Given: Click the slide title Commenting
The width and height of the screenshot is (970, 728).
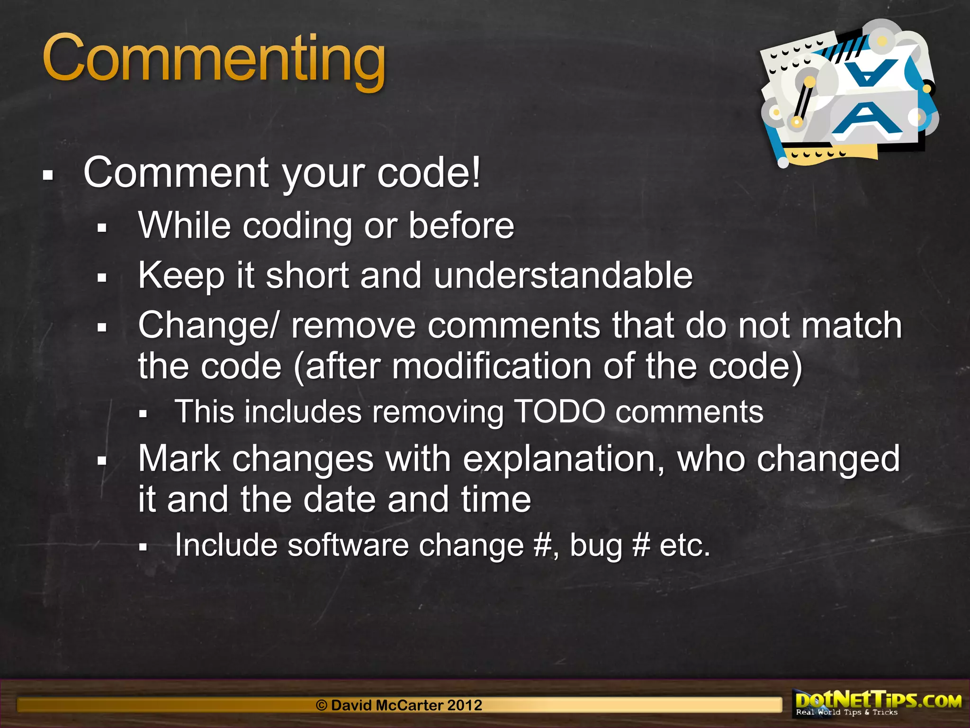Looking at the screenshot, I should tap(214, 60).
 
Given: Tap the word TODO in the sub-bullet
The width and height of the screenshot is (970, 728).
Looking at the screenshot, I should tap(559, 411).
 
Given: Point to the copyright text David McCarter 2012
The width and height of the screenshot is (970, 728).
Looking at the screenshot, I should tap(399, 705).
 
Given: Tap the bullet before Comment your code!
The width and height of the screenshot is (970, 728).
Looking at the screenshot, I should tap(48, 175).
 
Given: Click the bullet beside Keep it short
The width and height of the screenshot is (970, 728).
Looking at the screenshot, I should tap(102, 278).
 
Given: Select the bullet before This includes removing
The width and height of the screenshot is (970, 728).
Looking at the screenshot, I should tap(144, 414).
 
